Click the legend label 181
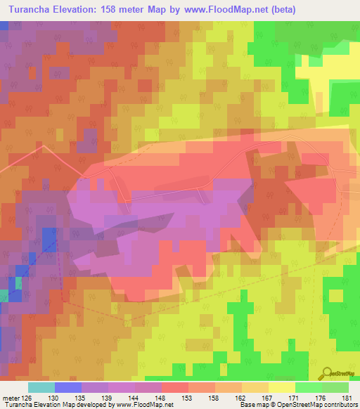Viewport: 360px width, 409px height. [344, 398]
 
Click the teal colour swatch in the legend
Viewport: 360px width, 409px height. [41, 387]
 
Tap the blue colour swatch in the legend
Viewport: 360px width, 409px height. [68, 387]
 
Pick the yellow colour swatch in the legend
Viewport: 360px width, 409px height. [281, 387]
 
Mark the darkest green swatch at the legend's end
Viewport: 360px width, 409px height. [335, 387]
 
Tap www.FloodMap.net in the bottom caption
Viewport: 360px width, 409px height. [143, 405]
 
